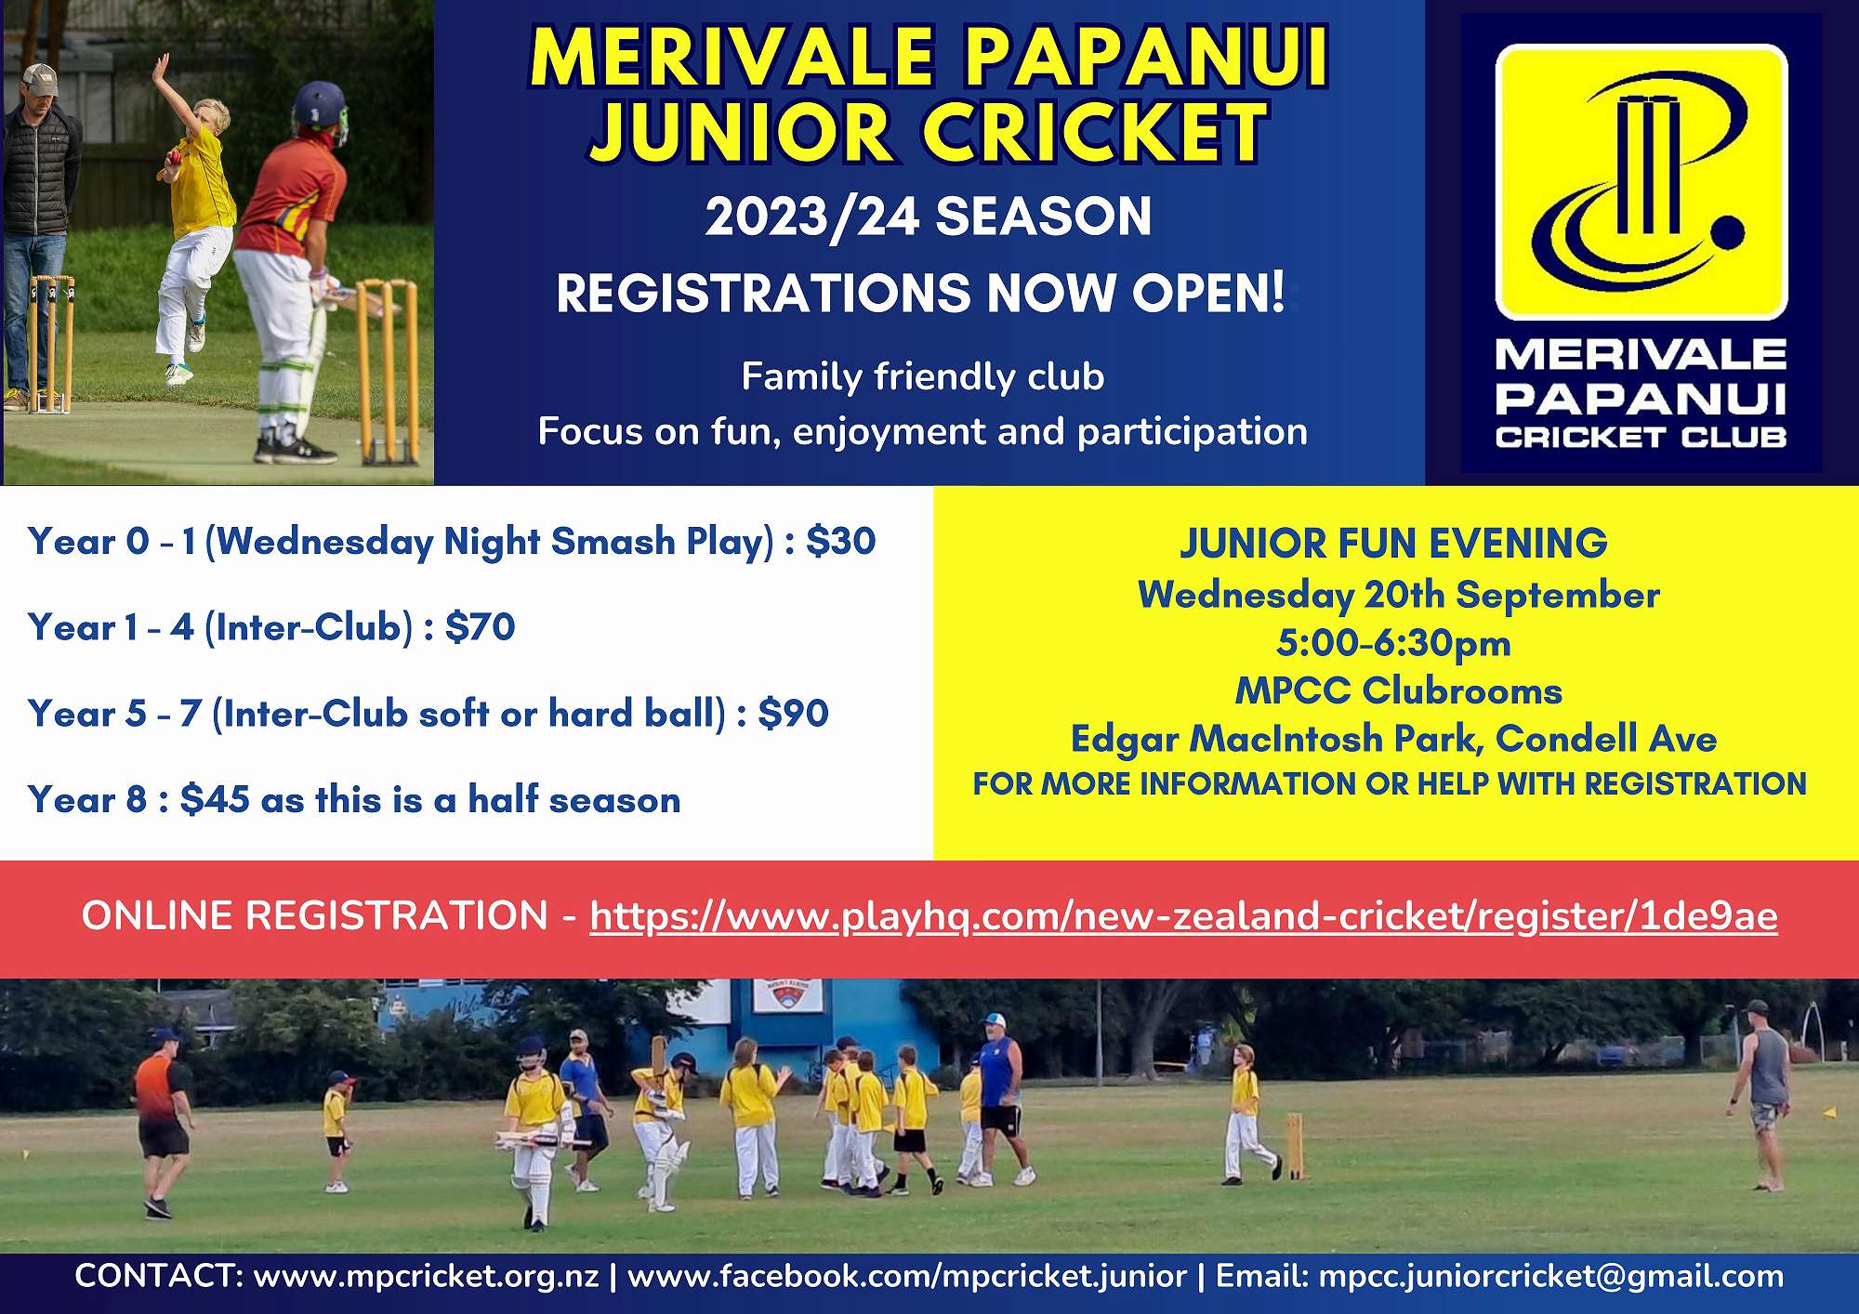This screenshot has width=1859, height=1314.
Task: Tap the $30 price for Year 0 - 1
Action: tap(841, 541)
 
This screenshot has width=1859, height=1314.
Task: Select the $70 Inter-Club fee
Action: tap(480, 627)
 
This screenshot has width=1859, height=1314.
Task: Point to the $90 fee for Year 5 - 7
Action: tap(793, 714)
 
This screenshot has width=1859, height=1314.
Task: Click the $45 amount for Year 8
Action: tap(215, 799)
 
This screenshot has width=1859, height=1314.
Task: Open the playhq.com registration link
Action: tap(1183, 916)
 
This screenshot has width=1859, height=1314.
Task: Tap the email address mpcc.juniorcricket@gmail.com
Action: tap(1551, 1276)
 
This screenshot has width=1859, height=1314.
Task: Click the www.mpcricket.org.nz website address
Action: tap(427, 1276)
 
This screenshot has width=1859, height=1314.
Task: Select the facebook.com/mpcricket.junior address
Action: tap(907, 1276)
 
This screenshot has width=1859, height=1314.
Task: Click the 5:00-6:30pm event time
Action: tap(1393, 643)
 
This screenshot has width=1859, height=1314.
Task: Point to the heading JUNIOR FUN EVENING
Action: tap(1393, 544)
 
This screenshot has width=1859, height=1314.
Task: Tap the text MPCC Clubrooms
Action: tap(1398, 690)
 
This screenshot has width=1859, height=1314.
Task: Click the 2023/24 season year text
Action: tap(811, 217)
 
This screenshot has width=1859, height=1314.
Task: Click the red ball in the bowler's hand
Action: tap(173, 162)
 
